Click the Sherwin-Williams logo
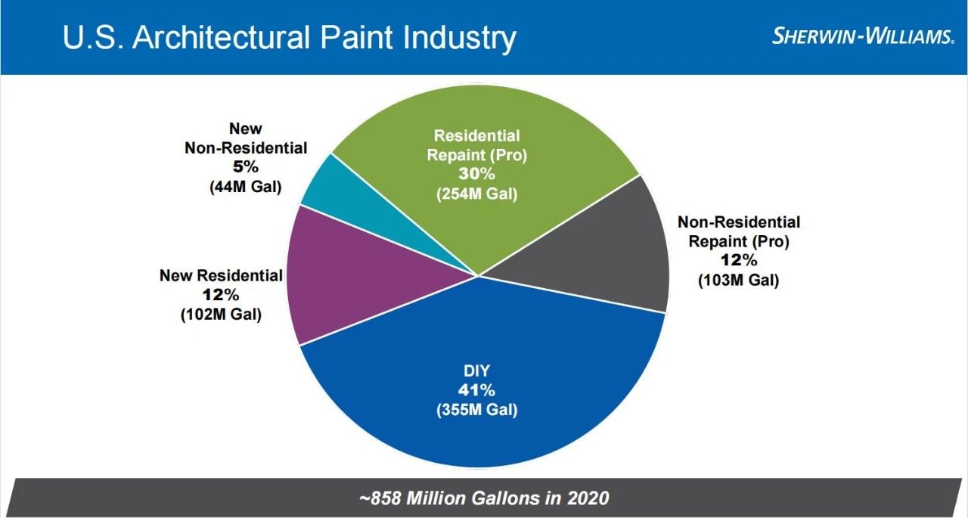[x=862, y=37]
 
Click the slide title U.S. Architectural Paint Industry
[x=290, y=38]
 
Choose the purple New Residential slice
[x=355, y=287]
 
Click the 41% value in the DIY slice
[x=476, y=391]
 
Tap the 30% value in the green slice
[x=476, y=174]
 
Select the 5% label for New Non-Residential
[x=246, y=167]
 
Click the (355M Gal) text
[x=476, y=411]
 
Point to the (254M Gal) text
[x=476, y=194]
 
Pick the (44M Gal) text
[x=246, y=187]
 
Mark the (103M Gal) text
[x=738, y=281]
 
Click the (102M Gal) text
[x=221, y=315]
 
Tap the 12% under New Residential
[x=221, y=295]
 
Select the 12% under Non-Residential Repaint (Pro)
[x=738, y=261]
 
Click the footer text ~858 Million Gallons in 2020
[x=484, y=498]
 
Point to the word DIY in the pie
[x=476, y=371]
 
